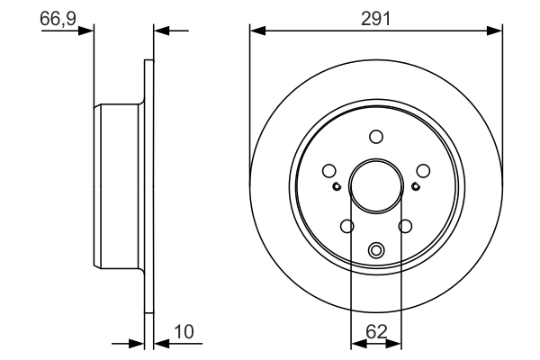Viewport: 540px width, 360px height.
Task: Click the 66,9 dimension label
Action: click(58, 18)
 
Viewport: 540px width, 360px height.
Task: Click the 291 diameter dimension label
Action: click(375, 19)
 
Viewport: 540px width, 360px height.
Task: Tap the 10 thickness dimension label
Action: click(184, 332)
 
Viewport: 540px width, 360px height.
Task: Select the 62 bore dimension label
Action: click(376, 332)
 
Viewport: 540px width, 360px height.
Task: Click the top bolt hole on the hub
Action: click(376, 137)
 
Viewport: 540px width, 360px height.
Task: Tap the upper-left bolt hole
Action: click(329, 170)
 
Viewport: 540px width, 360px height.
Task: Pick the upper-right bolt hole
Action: click(423, 170)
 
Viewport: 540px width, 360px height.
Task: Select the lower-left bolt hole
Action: click(346, 226)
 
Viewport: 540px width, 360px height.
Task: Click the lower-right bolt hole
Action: click(405, 226)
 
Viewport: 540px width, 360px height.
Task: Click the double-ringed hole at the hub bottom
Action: click(376, 250)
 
